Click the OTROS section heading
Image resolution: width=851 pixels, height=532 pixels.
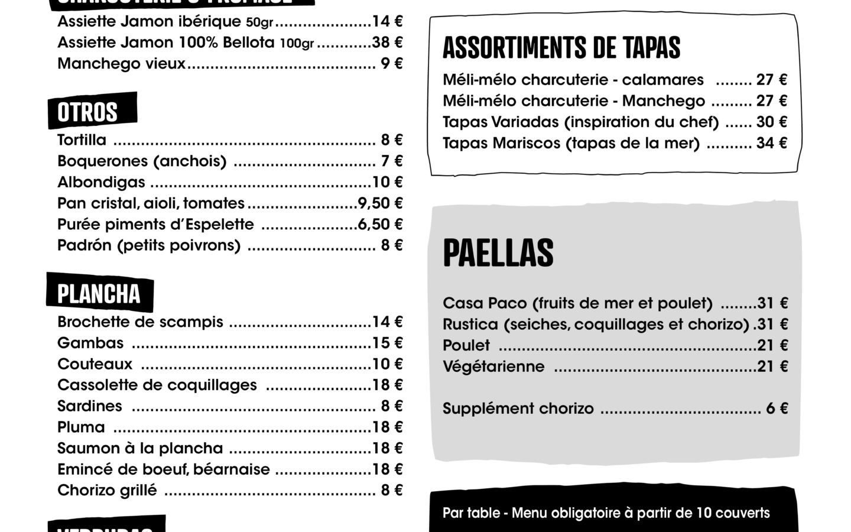coord(87,112)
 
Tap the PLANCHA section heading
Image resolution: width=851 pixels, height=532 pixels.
coord(99,294)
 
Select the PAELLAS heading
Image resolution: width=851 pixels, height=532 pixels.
coord(498,253)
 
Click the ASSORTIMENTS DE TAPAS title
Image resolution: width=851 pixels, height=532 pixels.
coord(561,48)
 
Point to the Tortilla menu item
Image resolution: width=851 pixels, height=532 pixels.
coord(82,140)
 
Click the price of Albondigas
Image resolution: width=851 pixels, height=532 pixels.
coord(387,182)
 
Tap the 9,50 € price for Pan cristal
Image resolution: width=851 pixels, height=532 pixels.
coord(380,203)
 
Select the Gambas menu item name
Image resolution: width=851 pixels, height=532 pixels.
coord(90,343)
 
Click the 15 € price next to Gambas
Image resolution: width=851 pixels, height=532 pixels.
coord(387,343)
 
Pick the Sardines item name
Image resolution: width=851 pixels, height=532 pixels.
coord(90,406)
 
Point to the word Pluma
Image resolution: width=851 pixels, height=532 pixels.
coord(81,427)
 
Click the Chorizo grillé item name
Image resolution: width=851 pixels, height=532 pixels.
coord(107,490)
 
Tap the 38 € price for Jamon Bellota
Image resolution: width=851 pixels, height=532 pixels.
coord(387,43)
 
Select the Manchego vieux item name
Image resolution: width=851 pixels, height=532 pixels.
coord(121,64)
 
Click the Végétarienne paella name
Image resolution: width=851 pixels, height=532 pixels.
coord(493,366)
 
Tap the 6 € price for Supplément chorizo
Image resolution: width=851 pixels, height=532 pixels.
coord(777,408)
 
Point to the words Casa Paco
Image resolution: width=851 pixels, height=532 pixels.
coord(484,303)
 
